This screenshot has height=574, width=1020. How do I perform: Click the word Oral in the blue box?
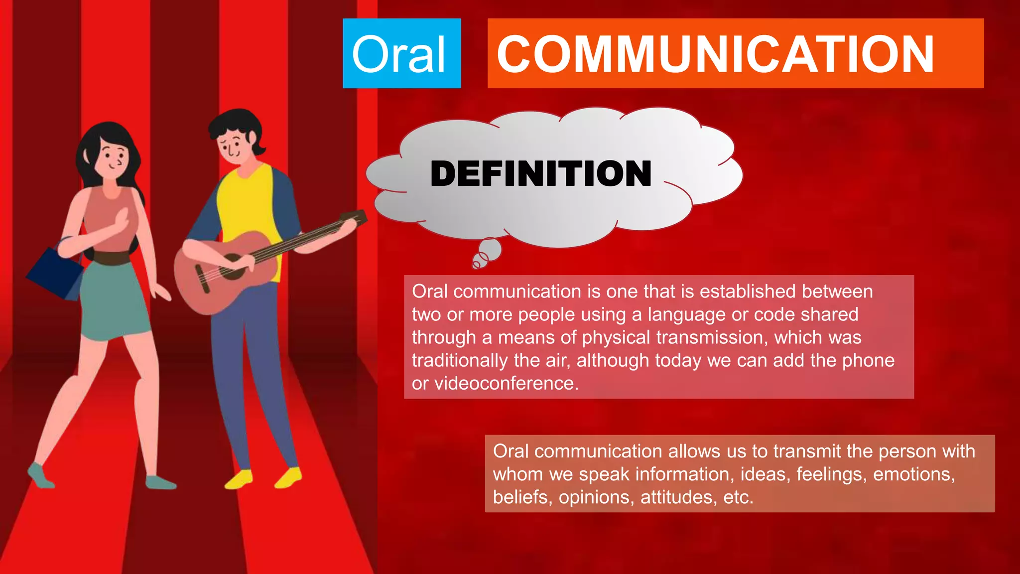[x=398, y=55]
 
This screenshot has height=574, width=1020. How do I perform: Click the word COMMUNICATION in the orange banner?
[x=715, y=55]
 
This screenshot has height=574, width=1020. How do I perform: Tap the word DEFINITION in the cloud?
[x=541, y=174]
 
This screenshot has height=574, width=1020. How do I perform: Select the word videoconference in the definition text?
[x=506, y=384]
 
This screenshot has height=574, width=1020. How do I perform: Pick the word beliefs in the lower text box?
[x=521, y=497]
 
